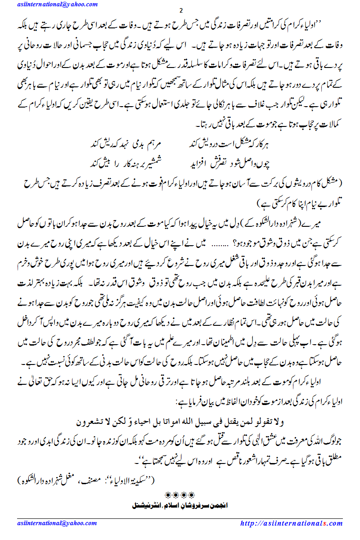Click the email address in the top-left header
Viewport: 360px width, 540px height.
point(57,4)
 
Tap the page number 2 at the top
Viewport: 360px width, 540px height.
point(180,11)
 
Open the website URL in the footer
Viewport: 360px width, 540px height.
point(291,523)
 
